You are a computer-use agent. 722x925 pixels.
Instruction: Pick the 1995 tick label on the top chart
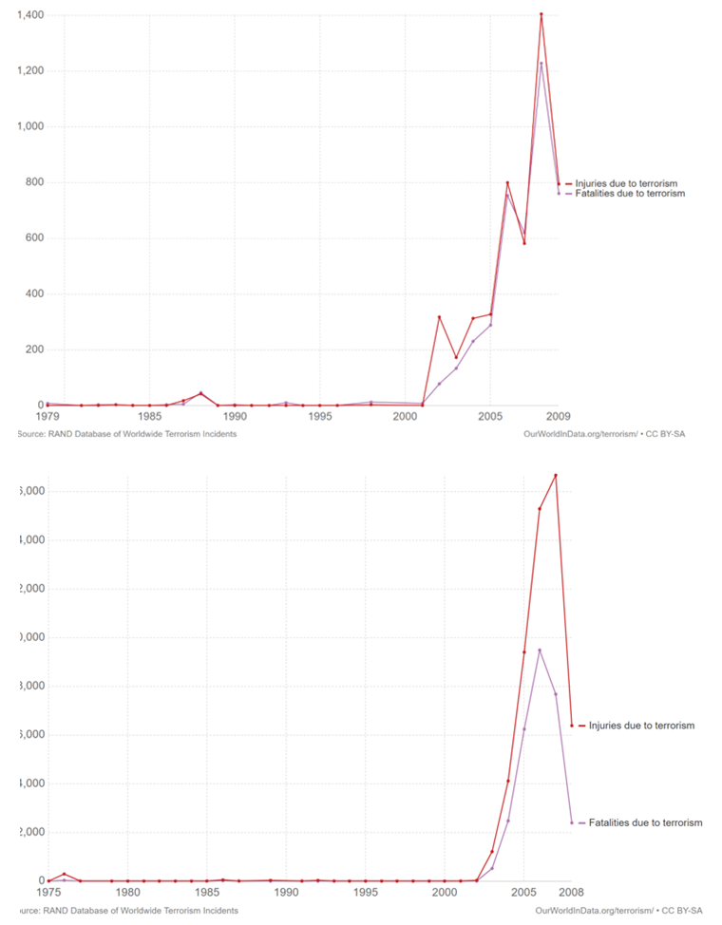point(319,416)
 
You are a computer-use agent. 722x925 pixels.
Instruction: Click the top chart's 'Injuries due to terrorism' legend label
point(626,183)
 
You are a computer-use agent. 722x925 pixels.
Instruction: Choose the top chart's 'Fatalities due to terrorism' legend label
point(630,193)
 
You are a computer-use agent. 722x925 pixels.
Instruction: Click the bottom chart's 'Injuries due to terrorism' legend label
point(641,726)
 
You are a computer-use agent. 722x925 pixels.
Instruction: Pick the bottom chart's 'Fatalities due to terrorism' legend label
point(646,822)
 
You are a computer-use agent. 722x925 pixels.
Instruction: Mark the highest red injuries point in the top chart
point(541,14)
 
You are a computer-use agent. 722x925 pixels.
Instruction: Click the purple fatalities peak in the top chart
point(541,64)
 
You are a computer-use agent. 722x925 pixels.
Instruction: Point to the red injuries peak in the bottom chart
point(556,475)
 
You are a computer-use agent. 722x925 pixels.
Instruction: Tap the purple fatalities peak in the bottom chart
point(540,650)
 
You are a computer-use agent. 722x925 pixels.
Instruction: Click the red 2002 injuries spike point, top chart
point(439,317)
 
